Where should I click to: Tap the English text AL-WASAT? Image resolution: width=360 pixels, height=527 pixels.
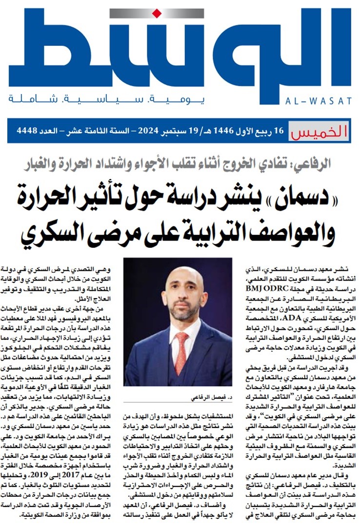click(322, 101)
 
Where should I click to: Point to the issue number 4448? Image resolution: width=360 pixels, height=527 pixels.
click(27, 131)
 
